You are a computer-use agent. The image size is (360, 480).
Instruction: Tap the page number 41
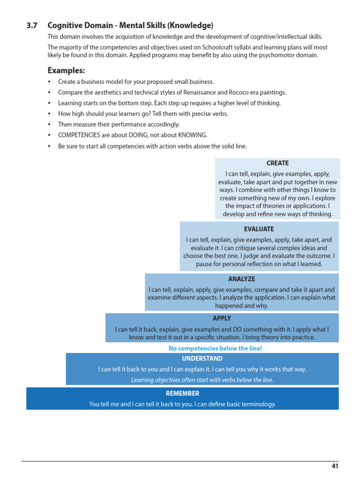click(x=335, y=466)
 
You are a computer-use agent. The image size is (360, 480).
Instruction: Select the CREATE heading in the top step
click(x=277, y=163)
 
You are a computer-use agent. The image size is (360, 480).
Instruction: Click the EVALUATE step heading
click(x=259, y=229)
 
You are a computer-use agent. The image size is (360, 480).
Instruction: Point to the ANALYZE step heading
click(x=241, y=279)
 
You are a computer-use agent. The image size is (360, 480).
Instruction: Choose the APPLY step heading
click(x=222, y=318)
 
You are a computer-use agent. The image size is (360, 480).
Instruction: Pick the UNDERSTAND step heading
click(x=202, y=359)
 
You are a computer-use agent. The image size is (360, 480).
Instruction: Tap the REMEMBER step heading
click(x=182, y=393)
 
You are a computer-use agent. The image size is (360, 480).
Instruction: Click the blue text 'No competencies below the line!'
click(x=215, y=348)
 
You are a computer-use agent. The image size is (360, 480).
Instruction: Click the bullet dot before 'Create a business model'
click(x=50, y=82)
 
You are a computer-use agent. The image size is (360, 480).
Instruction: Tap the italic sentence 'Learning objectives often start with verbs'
click(x=202, y=380)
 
